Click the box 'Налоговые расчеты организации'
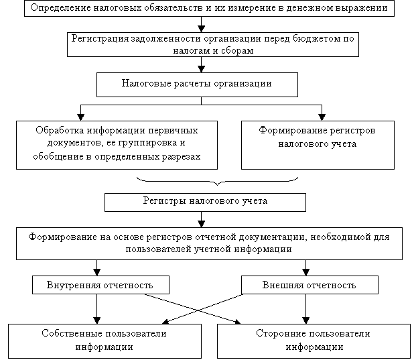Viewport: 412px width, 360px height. point(197,84)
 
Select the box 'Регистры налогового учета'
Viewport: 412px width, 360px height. point(205,202)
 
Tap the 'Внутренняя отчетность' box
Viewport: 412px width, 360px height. point(100,285)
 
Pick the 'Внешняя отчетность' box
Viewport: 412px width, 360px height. point(310,285)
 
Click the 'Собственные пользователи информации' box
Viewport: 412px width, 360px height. point(105,341)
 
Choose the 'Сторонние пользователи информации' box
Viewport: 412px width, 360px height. point(314,341)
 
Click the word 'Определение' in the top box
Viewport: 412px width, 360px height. point(60,8)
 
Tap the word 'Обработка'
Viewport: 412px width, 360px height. point(60,131)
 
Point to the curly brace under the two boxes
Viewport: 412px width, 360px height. point(217,181)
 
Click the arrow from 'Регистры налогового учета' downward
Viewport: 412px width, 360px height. point(201,220)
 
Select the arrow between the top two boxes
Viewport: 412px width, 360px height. point(201,24)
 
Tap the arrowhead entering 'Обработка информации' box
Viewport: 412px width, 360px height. point(80,117)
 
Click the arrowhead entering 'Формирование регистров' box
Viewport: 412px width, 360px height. point(322,117)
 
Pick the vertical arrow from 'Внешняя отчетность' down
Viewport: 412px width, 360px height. point(306,309)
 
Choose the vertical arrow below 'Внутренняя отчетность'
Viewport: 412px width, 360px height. point(97,309)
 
